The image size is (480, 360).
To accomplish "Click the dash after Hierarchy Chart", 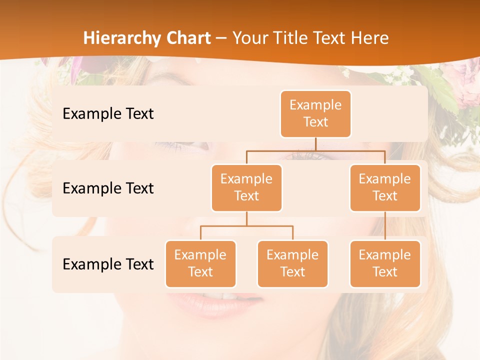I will click(x=221, y=38).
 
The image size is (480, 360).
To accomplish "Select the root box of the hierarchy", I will click(x=315, y=113).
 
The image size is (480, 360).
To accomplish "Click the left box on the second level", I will click(x=246, y=187).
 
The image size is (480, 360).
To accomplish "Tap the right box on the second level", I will click(x=385, y=187).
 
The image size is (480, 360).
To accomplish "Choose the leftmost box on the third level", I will click(x=200, y=263).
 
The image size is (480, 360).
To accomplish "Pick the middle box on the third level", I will click(x=292, y=263).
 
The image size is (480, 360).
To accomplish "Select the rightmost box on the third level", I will click(x=385, y=263).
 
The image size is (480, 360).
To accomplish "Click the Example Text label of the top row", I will click(x=108, y=114).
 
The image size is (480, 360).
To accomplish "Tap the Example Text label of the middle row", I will click(x=108, y=188).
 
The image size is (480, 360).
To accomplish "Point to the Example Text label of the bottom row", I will click(x=108, y=264).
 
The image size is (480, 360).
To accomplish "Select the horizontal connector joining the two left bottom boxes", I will click(x=246, y=226).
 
